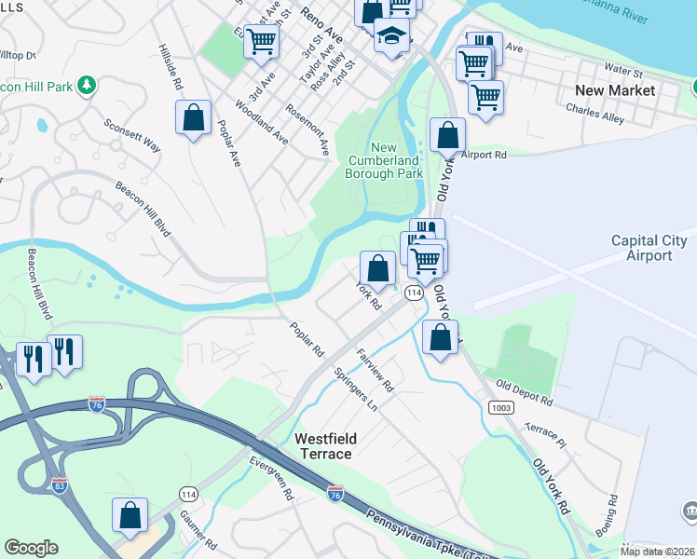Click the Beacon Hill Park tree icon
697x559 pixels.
point(88,85)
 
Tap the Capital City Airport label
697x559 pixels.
point(649,248)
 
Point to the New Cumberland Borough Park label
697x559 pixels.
point(384,160)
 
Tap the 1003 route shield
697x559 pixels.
point(500,407)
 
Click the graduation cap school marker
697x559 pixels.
point(392,38)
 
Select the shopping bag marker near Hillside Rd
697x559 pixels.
point(193,117)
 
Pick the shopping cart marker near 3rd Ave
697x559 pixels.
point(262,40)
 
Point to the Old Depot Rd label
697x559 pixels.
point(525,393)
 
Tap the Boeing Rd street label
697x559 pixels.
point(612,513)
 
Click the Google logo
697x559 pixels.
point(31,548)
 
